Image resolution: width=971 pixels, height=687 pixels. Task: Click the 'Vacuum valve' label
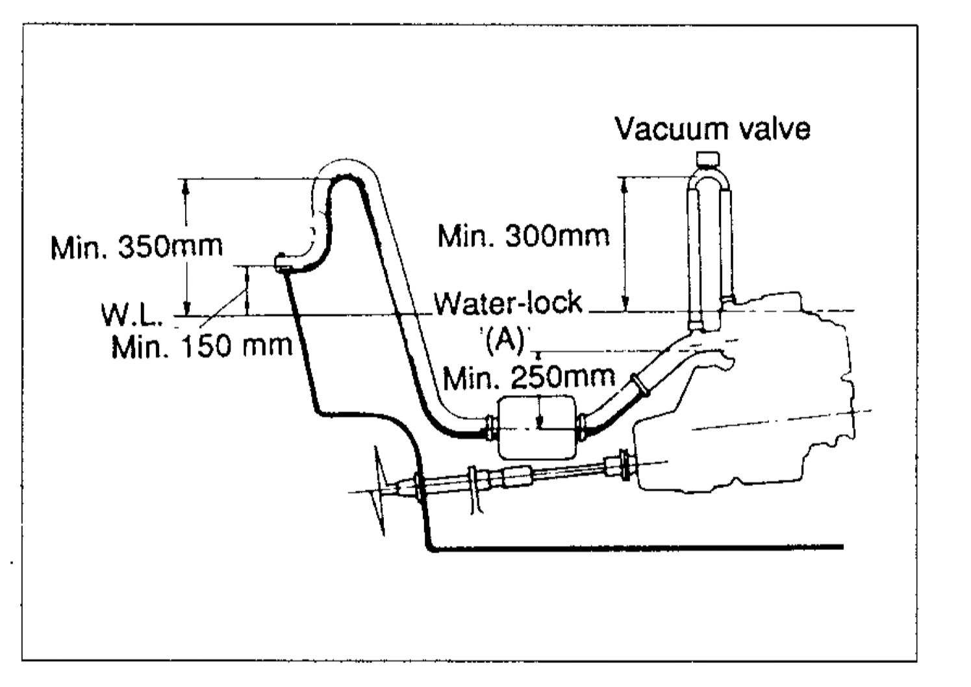[712, 129]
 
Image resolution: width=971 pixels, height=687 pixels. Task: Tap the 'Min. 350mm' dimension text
[136, 247]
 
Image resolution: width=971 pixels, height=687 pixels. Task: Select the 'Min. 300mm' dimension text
[523, 237]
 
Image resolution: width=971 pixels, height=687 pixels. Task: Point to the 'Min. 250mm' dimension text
[529, 378]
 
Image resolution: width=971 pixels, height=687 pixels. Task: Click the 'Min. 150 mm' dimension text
[201, 346]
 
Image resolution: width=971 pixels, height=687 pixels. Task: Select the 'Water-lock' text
[508, 303]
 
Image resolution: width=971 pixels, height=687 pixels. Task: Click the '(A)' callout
[504, 341]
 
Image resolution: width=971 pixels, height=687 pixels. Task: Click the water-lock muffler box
[537, 427]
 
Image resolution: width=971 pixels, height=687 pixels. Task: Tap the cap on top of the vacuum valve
[707, 159]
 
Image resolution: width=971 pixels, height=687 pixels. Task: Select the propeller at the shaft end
[380, 490]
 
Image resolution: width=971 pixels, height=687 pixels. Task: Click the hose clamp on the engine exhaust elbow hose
[640, 386]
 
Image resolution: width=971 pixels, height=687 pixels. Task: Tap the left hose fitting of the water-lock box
[492, 428]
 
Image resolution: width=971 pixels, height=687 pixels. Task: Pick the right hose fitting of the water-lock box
[583, 428]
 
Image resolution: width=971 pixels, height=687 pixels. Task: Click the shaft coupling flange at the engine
[625, 465]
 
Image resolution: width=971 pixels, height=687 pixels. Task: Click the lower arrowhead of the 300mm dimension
[625, 303]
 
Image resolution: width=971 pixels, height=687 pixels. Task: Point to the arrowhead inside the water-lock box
[539, 421]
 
